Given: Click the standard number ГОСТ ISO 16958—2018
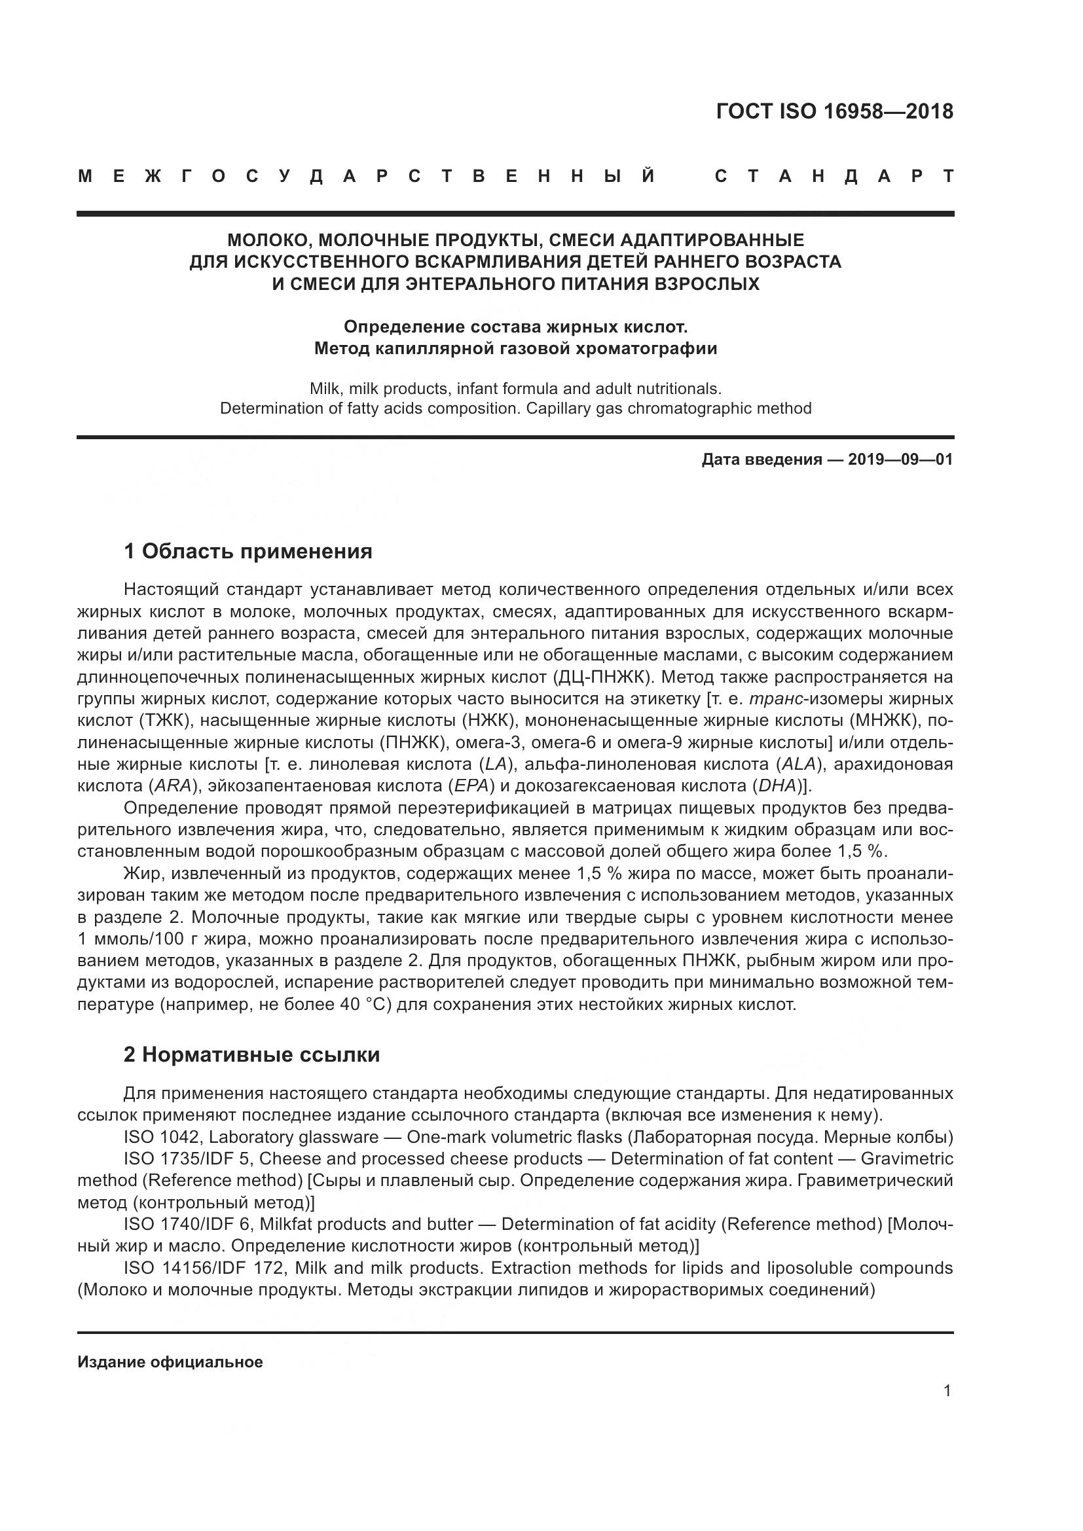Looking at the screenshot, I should point(834,111).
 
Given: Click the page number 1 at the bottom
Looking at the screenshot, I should point(947,1391).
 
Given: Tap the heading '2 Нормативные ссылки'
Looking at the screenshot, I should point(252,1055).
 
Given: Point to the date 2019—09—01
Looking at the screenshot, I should point(900,460).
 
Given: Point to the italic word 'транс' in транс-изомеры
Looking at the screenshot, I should point(777,700).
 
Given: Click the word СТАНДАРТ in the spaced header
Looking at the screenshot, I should point(834,177).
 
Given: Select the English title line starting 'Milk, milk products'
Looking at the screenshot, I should point(515,389).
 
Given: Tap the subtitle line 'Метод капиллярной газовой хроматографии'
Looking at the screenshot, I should point(515,349).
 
